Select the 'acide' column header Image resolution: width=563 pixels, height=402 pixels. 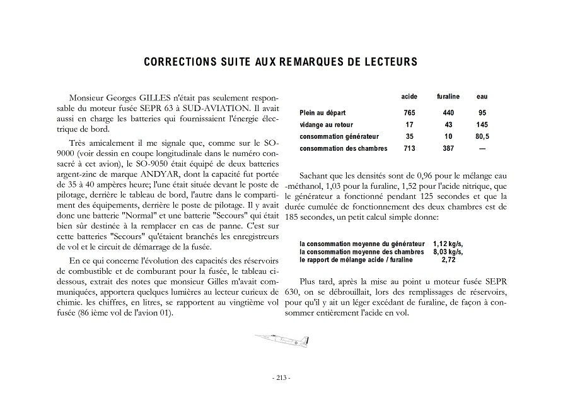pyautogui.click(x=409, y=97)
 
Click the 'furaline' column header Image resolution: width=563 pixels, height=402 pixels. pyautogui.click(x=448, y=97)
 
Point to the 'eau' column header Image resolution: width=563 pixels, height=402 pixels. pyautogui.click(x=482, y=97)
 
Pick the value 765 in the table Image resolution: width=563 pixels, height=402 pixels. pyautogui.click(x=409, y=112)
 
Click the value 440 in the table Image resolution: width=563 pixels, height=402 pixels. pyautogui.click(x=448, y=112)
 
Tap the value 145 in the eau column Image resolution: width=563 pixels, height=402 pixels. pyautogui.click(x=482, y=124)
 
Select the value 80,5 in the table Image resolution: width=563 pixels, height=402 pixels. pyautogui.click(x=482, y=136)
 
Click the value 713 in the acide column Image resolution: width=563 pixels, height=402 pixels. pyautogui.click(x=409, y=148)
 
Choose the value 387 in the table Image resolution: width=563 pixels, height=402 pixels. pyautogui.click(x=448, y=148)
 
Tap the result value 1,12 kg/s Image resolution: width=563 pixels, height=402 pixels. pyautogui.click(x=448, y=244)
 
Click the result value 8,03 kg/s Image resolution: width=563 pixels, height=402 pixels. pyautogui.click(x=448, y=251)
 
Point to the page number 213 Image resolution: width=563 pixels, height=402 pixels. pyautogui.click(x=281, y=377)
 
